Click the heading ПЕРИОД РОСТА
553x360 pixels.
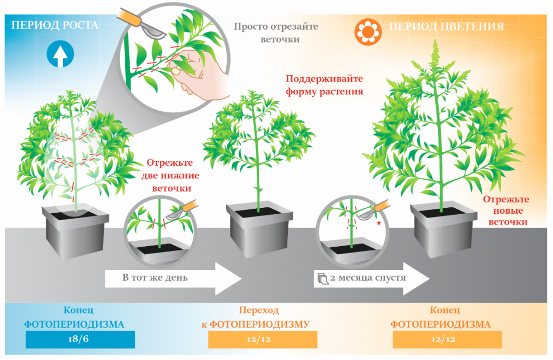[x=55, y=25]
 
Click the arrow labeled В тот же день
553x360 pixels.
[x=173, y=279]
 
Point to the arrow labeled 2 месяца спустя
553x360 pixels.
[x=373, y=279]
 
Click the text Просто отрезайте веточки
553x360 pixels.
[x=275, y=32]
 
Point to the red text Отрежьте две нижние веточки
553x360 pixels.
[x=170, y=175]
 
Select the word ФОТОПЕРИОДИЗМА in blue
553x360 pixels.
[x=75, y=324]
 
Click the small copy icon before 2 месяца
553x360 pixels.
[x=323, y=279]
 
